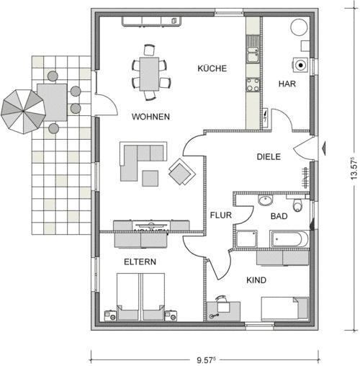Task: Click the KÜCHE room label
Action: click(x=212, y=69)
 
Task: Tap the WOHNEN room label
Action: click(x=150, y=117)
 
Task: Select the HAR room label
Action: click(x=287, y=84)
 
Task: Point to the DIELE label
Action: click(x=269, y=156)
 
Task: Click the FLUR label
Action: click(x=220, y=215)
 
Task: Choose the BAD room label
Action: click(x=279, y=215)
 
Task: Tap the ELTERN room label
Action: click(x=140, y=262)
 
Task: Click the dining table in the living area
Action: click(x=150, y=72)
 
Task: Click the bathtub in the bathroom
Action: click(x=289, y=238)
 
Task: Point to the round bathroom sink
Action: click(x=265, y=200)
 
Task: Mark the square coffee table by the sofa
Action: click(x=151, y=177)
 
